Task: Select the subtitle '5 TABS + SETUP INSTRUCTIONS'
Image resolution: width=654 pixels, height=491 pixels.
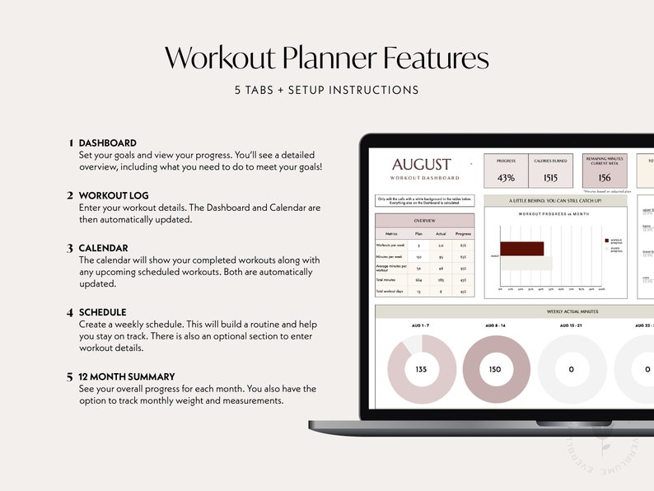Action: [x=326, y=91]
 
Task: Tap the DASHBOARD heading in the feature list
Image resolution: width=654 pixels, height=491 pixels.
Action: [x=107, y=143]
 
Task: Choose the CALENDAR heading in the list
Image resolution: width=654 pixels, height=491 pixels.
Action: [x=103, y=248]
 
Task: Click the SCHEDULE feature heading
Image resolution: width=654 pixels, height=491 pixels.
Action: [x=102, y=312]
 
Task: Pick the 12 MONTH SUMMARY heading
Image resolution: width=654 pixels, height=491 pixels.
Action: [x=127, y=376]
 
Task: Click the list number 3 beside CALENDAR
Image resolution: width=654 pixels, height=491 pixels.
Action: [x=70, y=248]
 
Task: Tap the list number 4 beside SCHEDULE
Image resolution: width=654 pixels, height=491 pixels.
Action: [x=70, y=312]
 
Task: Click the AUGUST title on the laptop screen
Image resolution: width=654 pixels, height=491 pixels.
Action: [x=421, y=165]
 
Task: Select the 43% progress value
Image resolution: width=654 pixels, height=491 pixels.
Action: [x=507, y=178]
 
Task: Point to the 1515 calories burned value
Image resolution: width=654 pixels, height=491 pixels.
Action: [x=550, y=178]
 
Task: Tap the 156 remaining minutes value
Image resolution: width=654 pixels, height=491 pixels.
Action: [x=605, y=178]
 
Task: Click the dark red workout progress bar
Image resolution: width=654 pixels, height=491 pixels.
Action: [x=521, y=249]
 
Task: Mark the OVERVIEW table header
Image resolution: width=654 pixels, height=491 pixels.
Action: [x=424, y=221]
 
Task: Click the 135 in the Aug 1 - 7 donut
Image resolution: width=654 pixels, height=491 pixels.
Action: [x=421, y=369]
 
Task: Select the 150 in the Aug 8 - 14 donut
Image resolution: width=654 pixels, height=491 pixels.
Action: [x=496, y=369]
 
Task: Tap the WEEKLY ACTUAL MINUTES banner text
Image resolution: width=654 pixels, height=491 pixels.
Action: [x=572, y=311]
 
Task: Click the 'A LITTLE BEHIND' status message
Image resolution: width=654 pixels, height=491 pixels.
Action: [x=555, y=200]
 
